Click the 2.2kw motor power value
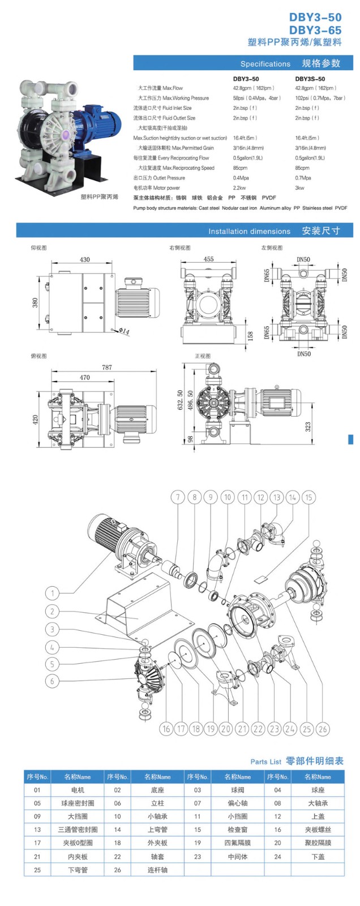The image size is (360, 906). [x=239, y=187]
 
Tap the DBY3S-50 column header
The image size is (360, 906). [x=310, y=79]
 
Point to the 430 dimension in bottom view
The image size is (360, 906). [x=84, y=259]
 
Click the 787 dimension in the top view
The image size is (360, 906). [x=106, y=367]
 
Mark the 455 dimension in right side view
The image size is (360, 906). [x=208, y=259]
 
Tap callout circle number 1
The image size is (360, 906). [x=52, y=593]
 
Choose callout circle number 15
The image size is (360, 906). [x=308, y=497]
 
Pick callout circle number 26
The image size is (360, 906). [x=323, y=729]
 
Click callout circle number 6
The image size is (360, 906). [x=52, y=681]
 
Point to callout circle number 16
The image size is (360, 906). [x=166, y=729]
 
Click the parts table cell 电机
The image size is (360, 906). [x=78, y=790]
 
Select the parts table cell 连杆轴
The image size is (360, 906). [x=157, y=870]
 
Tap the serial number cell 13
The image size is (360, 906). [x=37, y=830]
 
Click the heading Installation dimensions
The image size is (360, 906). [x=249, y=231]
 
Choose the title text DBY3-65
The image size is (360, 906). [x=315, y=30]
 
